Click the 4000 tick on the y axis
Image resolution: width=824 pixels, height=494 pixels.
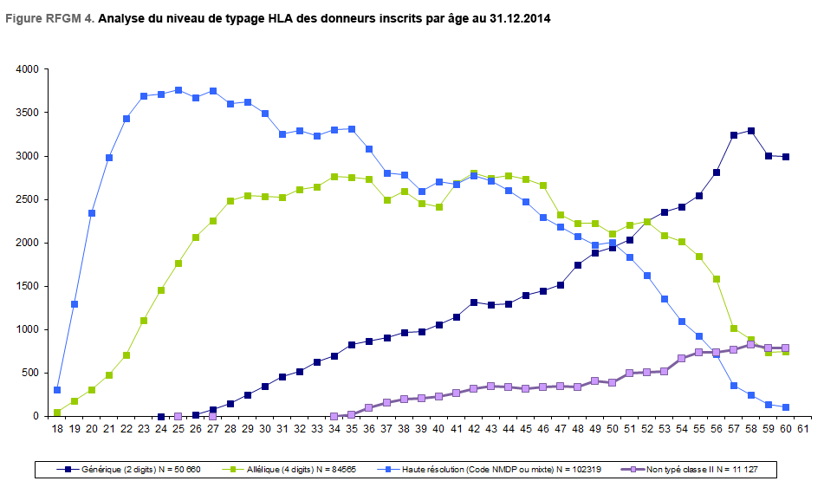(26, 69)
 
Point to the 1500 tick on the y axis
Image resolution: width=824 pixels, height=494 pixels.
(26, 286)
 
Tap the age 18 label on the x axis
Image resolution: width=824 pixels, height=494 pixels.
(57, 428)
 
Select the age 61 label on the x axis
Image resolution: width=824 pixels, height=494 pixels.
(803, 428)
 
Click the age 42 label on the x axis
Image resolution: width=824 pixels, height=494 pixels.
(474, 428)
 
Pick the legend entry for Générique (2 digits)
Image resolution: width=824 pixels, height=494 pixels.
(126, 470)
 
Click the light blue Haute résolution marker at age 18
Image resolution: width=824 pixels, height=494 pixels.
(57, 390)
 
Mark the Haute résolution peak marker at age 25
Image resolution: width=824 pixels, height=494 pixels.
(178, 90)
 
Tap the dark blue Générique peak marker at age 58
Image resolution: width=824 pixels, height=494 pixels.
(751, 131)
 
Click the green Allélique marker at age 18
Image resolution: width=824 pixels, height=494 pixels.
(57, 413)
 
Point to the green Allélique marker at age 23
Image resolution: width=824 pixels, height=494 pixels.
(144, 321)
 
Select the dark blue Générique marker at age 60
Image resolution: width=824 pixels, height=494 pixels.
(786, 157)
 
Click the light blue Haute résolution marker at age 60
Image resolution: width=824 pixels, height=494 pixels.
(786, 407)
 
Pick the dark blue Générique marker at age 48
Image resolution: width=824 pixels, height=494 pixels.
(578, 265)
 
